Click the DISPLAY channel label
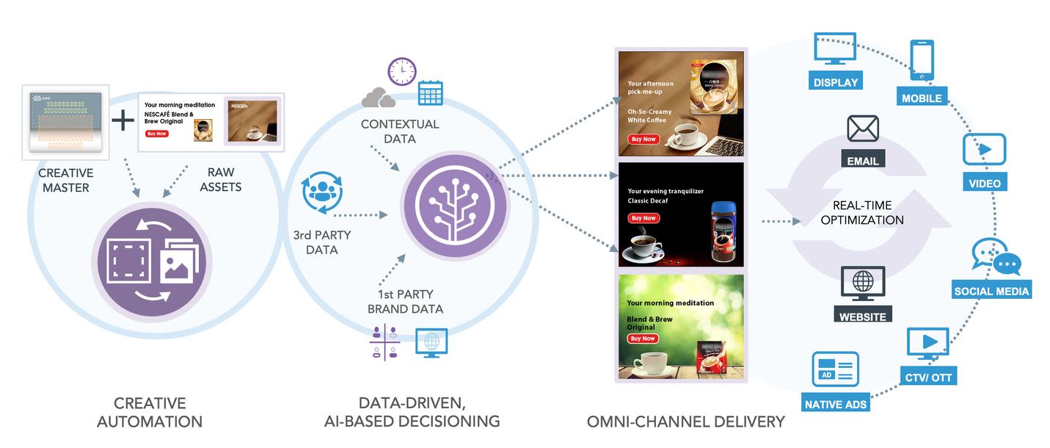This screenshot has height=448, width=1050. (835, 82)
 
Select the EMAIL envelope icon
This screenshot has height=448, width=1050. (862, 129)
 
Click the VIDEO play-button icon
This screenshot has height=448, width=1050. (984, 150)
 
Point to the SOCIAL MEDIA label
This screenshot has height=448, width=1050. (991, 291)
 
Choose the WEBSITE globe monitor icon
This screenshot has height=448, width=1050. (862, 283)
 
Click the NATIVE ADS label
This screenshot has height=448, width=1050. (835, 404)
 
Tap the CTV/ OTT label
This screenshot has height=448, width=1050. (930, 378)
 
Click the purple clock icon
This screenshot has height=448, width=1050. (401, 72)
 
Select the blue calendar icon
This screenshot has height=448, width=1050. (430, 94)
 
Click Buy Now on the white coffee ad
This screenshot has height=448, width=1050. (644, 139)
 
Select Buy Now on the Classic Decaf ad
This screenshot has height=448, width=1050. (644, 218)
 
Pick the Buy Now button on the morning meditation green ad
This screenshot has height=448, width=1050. (644, 339)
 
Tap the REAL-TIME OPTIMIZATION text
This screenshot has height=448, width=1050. (862, 213)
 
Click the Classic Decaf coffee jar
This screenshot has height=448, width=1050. (724, 233)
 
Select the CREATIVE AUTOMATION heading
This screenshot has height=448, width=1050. (150, 412)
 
